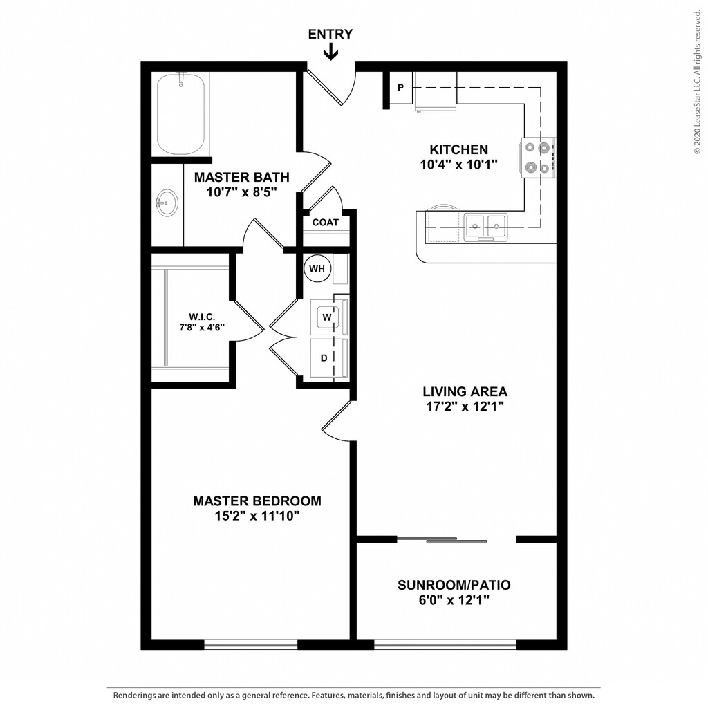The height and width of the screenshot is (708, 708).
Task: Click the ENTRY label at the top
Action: click(330, 34)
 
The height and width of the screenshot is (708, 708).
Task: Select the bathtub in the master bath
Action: click(180, 115)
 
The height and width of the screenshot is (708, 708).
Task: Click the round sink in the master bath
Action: click(166, 203)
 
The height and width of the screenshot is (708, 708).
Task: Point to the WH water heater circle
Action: click(317, 268)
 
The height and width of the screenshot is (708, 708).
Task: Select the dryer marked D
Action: click(324, 358)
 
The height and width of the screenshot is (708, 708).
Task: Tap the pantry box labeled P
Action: click(401, 88)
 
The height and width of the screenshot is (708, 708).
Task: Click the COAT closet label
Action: click(326, 223)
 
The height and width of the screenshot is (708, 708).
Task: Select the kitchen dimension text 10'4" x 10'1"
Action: click(459, 165)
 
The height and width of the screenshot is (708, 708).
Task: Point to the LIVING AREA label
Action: click(465, 392)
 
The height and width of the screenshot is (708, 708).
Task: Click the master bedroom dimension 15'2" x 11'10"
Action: click(257, 516)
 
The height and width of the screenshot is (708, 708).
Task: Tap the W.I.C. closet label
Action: click(202, 317)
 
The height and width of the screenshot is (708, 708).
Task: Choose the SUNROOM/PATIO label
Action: click(454, 586)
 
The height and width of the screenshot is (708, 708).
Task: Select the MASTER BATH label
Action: click(241, 178)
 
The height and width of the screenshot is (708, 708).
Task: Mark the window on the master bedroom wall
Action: click(250, 644)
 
